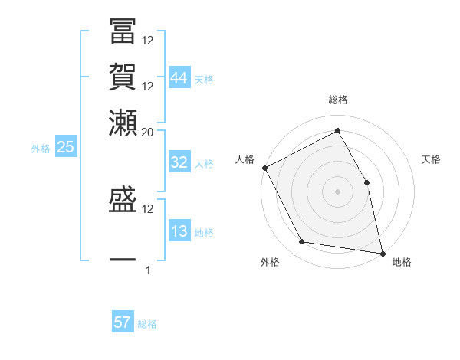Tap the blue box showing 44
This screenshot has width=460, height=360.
179,78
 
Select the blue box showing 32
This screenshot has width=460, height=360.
179,163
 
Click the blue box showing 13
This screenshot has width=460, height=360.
179,232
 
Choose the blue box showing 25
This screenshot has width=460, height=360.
65,148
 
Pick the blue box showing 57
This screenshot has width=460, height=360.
123,323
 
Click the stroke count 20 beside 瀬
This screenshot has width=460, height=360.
148,132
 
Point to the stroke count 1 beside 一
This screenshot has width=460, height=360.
148,270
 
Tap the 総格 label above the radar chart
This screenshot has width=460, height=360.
337,100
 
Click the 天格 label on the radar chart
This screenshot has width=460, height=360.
431,159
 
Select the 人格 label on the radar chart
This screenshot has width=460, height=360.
245,159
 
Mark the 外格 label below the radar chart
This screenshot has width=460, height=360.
269,263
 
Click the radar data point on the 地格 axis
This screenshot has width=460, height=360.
382,253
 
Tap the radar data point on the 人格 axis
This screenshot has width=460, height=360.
264,168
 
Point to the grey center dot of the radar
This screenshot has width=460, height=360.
337,191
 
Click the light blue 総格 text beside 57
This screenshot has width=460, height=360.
147,324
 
